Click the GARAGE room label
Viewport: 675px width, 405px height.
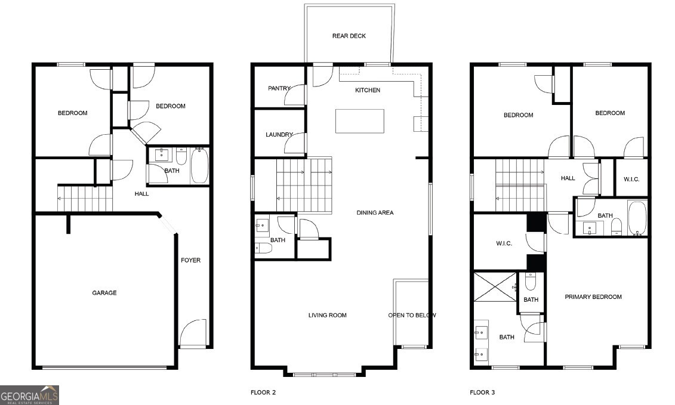coord(104,293)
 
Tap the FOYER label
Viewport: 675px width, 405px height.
coord(191,260)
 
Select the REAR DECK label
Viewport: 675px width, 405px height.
coord(349,36)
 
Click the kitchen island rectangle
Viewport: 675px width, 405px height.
coord(360,121)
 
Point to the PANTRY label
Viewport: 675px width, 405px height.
coord(279,88)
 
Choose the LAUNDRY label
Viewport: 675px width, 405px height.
coord(279,135)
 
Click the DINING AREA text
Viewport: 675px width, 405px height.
coord(375,212)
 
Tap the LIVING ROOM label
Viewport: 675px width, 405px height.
coord(327,315)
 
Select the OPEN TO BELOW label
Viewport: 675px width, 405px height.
coord(412,315)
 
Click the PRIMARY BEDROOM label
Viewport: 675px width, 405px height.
coord(593,296)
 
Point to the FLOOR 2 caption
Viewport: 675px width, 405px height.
coord(263,392)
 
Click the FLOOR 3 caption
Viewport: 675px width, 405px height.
coord(482,392)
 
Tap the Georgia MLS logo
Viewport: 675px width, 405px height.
coord(29,395)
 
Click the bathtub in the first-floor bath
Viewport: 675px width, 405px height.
coord(199,166)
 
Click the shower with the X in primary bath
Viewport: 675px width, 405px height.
coord(495,286)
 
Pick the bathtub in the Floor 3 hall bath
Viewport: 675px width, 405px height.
coord(637,218)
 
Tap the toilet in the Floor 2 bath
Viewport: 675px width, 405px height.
coord(263,249)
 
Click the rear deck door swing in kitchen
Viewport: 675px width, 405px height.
coord(323,76)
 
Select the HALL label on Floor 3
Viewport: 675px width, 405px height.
coord(568,178)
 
